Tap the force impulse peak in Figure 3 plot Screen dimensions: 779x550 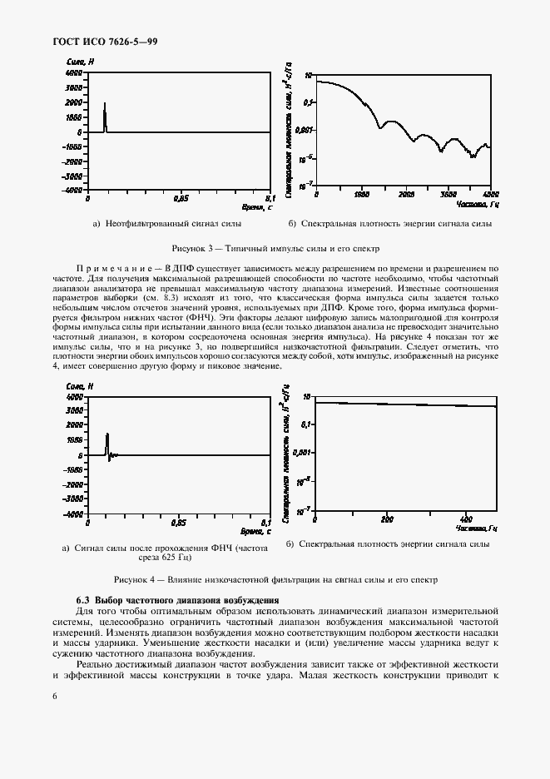[105, 104]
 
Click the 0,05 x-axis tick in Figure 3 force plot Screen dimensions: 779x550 [181, 199]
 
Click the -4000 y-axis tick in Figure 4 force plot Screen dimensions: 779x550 [73, 514]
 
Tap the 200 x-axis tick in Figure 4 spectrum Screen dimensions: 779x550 [386, 519]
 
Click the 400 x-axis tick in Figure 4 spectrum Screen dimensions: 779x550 [466, 519]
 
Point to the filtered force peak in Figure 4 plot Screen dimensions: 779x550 [107, 434]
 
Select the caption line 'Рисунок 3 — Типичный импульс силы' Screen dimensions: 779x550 [275, 248]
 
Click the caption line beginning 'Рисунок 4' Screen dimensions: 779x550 [275, 579]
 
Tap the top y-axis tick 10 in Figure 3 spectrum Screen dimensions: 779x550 [308, 75]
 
